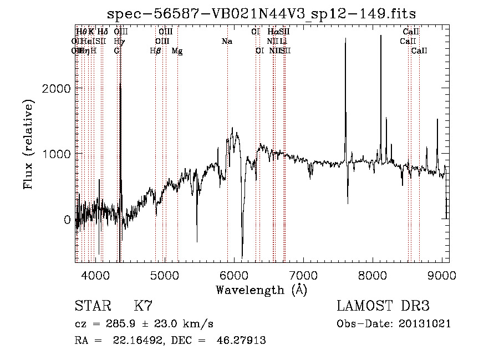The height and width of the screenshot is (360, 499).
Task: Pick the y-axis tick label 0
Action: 67,220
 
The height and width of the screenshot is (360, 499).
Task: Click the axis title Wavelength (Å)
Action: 261,290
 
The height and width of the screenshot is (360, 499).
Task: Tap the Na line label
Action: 226,41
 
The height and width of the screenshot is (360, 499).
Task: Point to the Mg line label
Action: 177,51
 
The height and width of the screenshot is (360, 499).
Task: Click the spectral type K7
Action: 143,306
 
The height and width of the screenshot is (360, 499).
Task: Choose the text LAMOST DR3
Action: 383,306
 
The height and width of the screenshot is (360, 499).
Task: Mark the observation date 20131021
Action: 424,324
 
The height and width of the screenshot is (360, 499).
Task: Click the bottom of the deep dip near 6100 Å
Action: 242,257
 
